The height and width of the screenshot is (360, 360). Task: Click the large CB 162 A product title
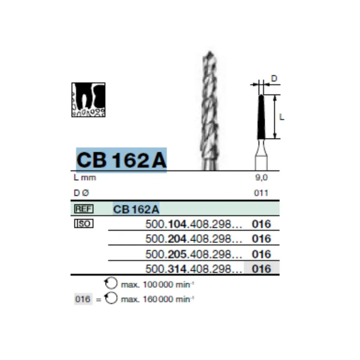click(121, 160)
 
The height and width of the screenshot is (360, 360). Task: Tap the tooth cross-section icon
click(88, 100)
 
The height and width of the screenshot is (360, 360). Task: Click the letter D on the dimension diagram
click(274, 78)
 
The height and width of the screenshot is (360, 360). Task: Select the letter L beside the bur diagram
click(281, 117)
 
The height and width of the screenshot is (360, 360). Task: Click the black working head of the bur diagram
click(261, 118)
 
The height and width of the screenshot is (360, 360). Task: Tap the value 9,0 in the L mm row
click(261, 178)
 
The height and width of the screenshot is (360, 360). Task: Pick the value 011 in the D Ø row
click(261, 193)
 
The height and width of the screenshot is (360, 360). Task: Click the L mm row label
click(85, 178)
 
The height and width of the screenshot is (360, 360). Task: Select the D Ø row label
click(82, 193)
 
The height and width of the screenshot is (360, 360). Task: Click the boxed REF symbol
click(84, 209)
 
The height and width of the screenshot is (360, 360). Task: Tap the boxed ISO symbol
click(84, 223)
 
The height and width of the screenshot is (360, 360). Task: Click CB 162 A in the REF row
click(136, 210)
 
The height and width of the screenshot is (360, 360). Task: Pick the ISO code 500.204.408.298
click(193, 239)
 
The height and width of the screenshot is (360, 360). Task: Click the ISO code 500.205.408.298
click(193, 254)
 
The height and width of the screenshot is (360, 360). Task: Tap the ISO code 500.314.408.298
click(193, 269)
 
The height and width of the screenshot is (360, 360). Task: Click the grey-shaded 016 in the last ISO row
click(262, 269)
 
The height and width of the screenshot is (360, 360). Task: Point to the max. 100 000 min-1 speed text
click(157, 285)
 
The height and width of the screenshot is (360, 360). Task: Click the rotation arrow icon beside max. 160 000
click(111, 299)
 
